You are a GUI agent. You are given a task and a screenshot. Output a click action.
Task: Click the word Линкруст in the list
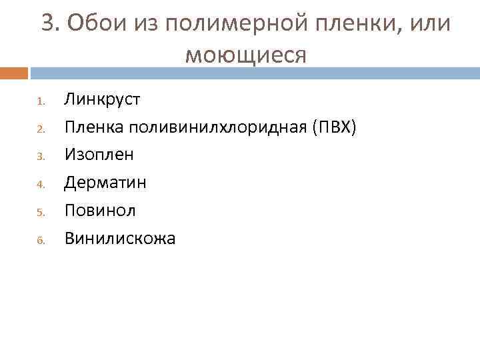(102, 100)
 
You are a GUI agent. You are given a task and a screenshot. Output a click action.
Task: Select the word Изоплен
(99, 155)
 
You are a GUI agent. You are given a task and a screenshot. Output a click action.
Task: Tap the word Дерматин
(105, 182)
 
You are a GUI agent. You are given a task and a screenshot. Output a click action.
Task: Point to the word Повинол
(100, 210)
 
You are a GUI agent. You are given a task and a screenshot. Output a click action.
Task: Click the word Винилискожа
(120, 238)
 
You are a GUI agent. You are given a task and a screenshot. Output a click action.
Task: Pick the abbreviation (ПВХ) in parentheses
(335, 127)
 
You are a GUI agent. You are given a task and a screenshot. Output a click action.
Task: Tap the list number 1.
(39, 102)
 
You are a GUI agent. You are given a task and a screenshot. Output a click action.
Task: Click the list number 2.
(40, 129)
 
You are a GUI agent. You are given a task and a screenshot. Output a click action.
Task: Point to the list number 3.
(40, 157)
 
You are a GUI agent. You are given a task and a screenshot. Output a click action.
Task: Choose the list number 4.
(40, 185)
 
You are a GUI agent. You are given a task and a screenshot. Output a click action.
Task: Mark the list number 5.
(40, 213)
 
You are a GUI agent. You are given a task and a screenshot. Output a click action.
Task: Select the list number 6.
(40, 240)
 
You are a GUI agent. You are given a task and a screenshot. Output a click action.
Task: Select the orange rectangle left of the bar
(14, 73)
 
